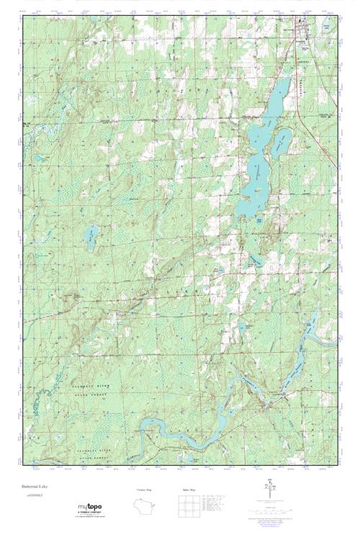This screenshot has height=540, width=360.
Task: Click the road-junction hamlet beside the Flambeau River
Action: (x=267, y=403)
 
